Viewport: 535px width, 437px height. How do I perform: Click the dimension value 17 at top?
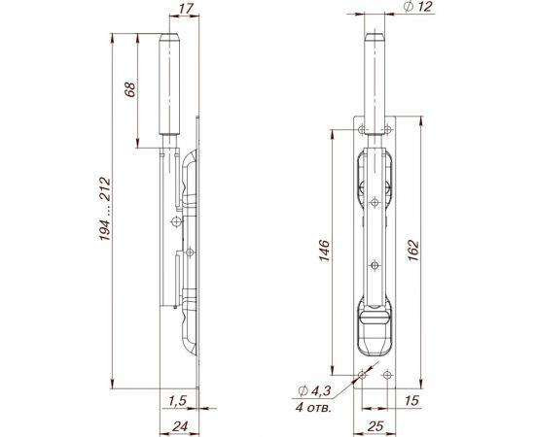coord(186,14)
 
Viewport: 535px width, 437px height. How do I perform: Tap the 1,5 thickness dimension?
coord(177,400)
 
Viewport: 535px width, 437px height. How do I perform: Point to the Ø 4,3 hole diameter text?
coord(316,390)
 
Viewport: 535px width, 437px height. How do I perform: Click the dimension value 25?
coord(374,423)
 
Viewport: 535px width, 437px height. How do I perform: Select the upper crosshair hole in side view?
coord(175,223)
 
